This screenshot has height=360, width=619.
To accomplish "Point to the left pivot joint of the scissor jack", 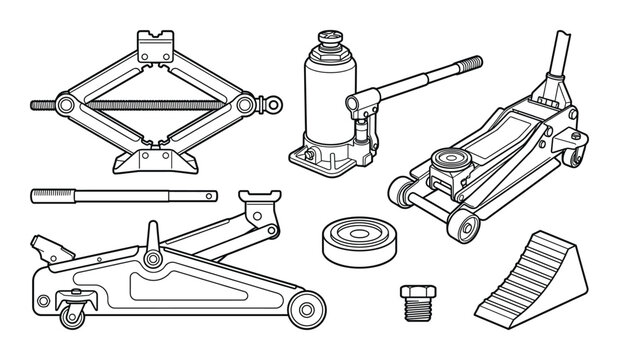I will (65, 103).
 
